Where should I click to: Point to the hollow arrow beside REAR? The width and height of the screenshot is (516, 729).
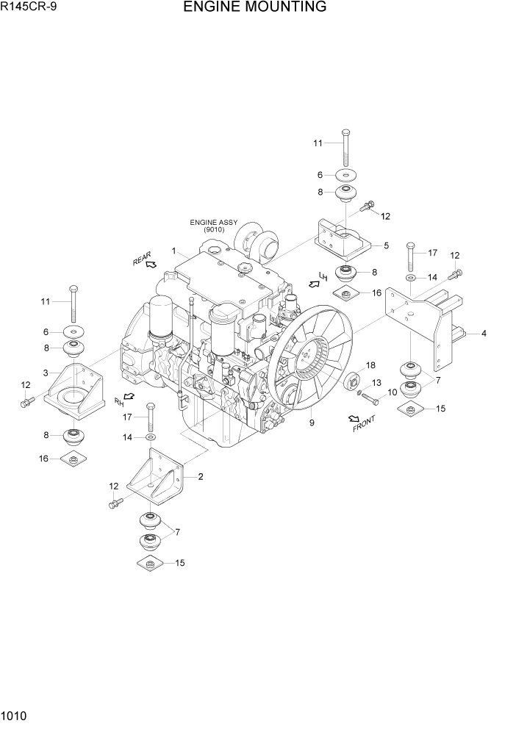pos(151,264)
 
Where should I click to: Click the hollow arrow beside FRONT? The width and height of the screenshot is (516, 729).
pos(354,418)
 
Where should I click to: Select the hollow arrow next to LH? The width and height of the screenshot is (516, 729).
pos(314,283)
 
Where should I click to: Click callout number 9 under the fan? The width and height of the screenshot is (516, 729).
pos(312,423)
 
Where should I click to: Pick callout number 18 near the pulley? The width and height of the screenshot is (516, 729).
pos(370,365)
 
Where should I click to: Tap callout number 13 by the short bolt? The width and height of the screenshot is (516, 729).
pos(376,383)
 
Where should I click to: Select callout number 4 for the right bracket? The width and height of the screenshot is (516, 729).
pos(484,334)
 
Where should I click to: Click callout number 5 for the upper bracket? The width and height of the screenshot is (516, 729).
pos(385,245)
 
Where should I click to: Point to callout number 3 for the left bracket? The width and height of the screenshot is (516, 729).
pos(46,373)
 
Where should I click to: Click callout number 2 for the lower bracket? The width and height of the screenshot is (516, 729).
pos(200,476)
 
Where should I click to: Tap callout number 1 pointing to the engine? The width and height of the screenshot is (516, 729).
pos(173,251)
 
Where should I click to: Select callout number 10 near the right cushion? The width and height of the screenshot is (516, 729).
pos(393,392)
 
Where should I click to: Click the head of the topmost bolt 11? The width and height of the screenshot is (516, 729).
pos(345,132)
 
